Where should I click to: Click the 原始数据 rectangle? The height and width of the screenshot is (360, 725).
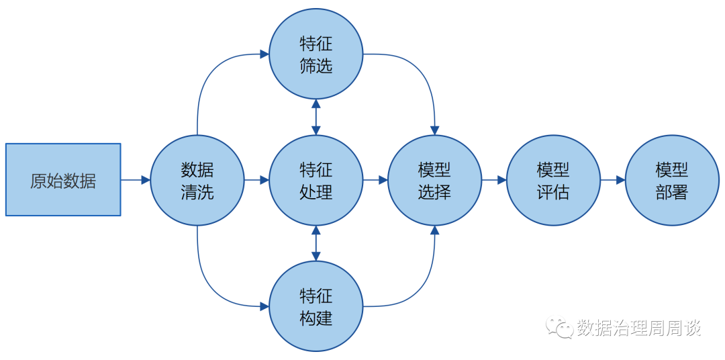[x=63, y=179]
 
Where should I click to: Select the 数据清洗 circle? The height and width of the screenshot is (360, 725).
[x=197, y=180]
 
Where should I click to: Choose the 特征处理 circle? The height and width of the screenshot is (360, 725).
[x=316, y=180]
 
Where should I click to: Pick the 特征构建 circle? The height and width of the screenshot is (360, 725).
[x=316, y=306]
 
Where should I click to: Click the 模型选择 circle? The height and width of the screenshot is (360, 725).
[x=434, y=180]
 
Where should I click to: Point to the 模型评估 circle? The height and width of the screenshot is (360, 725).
[x=553, y=180]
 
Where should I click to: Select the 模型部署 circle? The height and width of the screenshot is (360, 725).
[x=672, y=180]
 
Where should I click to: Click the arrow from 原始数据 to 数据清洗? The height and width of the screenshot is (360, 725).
[x=136, y=180]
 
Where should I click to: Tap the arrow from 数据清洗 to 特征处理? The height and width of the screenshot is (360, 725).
[x=256, y=180]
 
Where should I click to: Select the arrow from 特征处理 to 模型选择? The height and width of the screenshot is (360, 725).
[x=375, y=180]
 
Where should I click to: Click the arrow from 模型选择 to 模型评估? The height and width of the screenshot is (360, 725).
[x=494, y=180]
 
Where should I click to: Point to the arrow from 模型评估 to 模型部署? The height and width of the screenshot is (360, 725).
[x=613, y=180]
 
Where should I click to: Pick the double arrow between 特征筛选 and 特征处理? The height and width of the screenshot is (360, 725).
[x=316, y=117]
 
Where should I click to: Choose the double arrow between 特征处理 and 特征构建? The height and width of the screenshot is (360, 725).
[x=316, y=243]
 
